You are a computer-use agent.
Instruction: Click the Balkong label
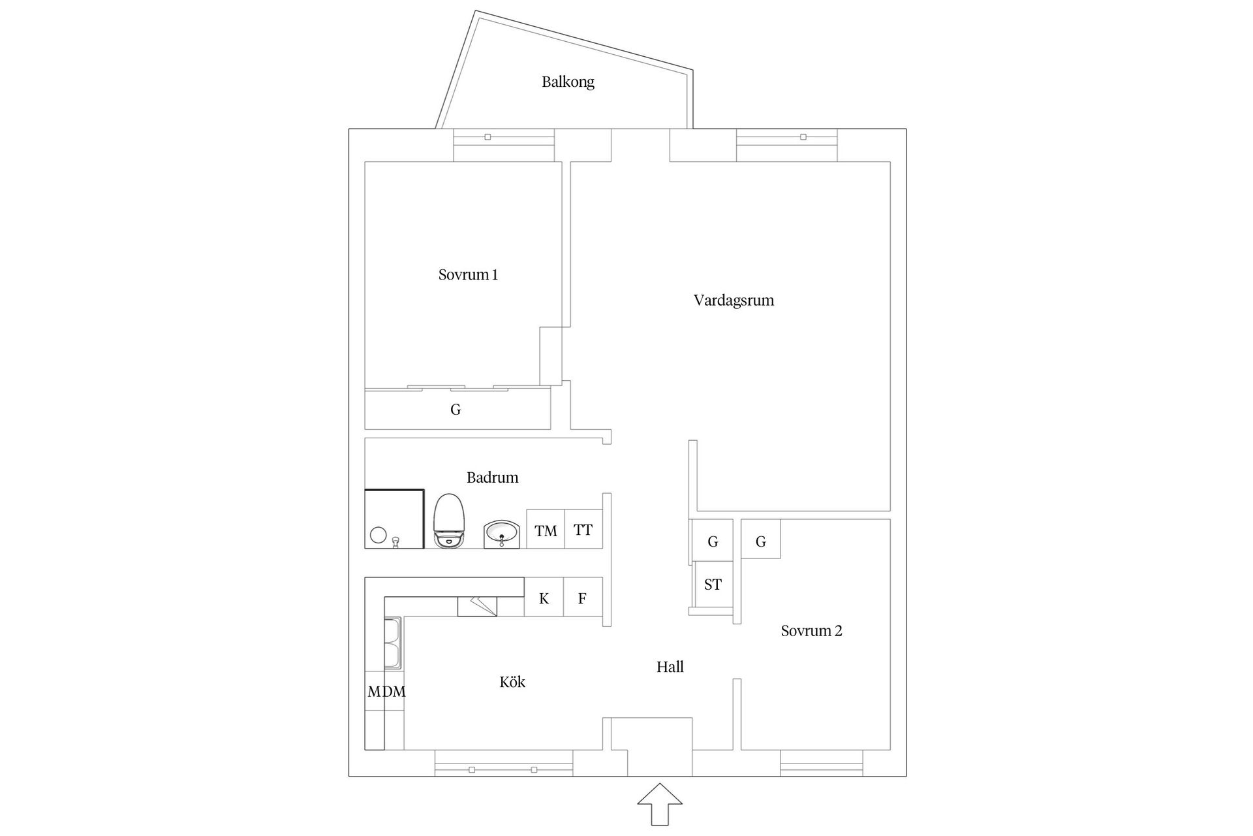tap(568, 82)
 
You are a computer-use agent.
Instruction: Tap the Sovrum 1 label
tap(468, 275)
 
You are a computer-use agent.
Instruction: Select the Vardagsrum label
tap(734, 300)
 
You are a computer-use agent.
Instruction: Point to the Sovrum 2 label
tap(811, 631)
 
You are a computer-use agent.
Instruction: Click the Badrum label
tap(492, 477)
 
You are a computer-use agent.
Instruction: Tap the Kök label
tap(512, 682)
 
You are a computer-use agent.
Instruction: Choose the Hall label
tap(670, 667)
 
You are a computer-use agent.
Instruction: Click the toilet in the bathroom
tap(449, 521)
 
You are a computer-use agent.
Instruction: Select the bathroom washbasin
tap(501, 534)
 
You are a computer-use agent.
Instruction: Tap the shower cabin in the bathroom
tap(394, 519)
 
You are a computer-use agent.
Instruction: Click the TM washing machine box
tap(546, 530)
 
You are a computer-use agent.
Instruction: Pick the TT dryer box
tap(583, 530)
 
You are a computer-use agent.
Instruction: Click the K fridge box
tap(544, 598)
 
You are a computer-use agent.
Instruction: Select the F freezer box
tap(582, 598)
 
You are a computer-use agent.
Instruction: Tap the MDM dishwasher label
tap(386, 692)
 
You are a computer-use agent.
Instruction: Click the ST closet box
tap(713, 585)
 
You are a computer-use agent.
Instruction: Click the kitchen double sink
tap(393, 643)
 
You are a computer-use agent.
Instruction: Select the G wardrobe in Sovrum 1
tap(456, 410)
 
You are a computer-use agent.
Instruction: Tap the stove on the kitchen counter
tap(477, 606)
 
